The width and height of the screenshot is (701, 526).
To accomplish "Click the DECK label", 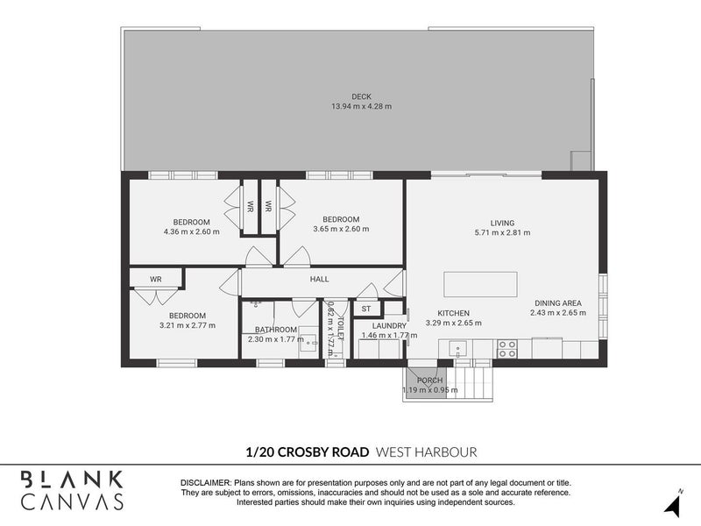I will (x=360, y=96).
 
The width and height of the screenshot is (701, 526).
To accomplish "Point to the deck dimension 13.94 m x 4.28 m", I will (x=360, y=107).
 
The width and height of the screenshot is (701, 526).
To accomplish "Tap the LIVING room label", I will (x=502, y=223).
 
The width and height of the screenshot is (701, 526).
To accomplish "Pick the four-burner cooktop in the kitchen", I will (x=506, y=348).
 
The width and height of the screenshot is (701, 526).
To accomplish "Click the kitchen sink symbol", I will (x=459, y=349).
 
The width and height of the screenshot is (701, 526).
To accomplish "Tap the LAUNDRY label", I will (x=390, y=325).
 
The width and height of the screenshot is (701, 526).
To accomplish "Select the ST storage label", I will (x=366, y=309).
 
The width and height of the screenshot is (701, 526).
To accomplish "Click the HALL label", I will (x=319, y=279).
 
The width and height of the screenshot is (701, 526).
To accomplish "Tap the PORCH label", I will (x=429, y=380).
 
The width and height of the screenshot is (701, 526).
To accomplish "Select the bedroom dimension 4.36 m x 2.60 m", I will (x=191, y=231).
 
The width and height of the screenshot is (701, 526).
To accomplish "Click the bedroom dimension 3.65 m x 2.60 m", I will (x=341, y=230).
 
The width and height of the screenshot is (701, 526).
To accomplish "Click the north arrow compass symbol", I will (x=673, y=502).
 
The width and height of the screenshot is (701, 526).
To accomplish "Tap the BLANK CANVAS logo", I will (x=72, y=490).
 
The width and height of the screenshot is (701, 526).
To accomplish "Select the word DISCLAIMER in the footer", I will (x=204, y=483).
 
